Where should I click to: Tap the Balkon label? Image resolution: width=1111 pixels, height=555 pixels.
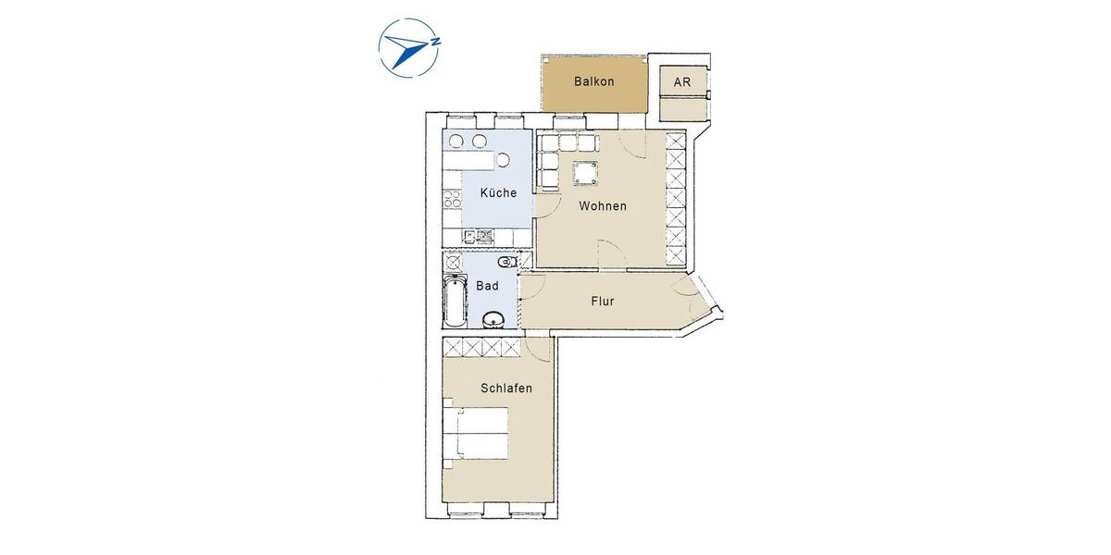click(x=593, y=81)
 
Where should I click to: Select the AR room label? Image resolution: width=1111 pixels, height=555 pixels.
click(x=682, y=81)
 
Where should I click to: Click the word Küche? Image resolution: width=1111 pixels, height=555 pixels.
click(x=498, y=193)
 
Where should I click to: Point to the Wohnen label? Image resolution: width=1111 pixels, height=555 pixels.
click(x=603, y=206)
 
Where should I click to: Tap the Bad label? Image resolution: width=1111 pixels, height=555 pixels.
click(x=487, y=286)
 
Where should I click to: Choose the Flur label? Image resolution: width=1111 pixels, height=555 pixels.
click(x=602, y=301)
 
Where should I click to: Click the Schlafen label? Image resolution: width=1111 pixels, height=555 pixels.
click(x=506, y=388)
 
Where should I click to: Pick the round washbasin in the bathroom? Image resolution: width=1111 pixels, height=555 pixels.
click(x=493, y=320)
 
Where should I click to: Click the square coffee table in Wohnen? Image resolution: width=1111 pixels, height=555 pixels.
click(x=585, y=173)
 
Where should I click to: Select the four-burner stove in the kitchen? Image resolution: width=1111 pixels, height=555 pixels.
click(x=453, y=197)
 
